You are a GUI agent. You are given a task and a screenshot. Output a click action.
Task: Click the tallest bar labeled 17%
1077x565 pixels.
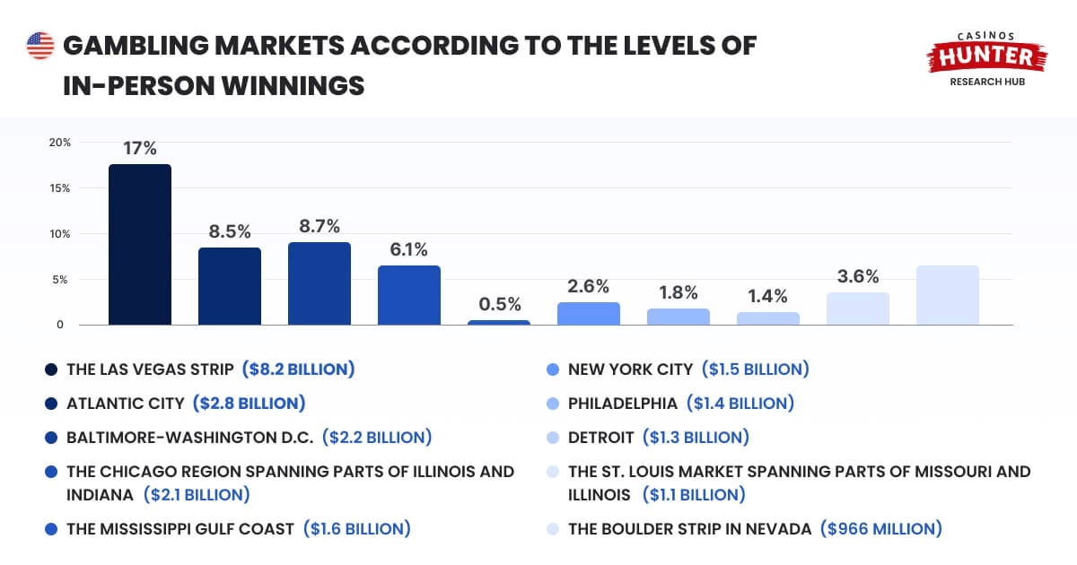pyautogui.click(x=139, y=244)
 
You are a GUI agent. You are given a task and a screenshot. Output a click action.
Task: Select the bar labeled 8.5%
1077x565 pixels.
pyautogui.click(x=229, y=285)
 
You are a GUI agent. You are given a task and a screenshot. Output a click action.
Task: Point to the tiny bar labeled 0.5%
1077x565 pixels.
pyautogui.click(x=498, y=322)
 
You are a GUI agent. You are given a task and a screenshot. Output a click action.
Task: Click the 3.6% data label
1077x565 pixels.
pyautogui.click(x=857, y=276)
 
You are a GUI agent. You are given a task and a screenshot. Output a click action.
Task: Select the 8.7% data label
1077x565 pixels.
pyautogui.click(x=319, y=226)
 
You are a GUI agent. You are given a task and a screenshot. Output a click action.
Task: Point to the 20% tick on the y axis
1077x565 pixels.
pyautogui.click(x=60, y=143)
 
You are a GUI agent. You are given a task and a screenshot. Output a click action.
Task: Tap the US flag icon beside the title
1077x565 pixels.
pyautogui.click(x=40, y=46)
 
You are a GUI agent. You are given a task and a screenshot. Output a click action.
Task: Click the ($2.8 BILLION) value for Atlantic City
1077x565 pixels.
pyautogui.click(x=249, y=404)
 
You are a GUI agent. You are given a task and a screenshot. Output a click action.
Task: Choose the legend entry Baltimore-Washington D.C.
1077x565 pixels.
pyautogui.click(x=189, y=438)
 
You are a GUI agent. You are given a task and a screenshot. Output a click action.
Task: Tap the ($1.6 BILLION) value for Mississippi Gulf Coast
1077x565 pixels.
pyautogui.click(x=356, y=528)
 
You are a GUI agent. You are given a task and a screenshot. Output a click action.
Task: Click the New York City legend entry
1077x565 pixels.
pyautogui.click(x=630, y=369)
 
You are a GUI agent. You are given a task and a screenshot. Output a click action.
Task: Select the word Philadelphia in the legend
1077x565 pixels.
pyautogui.click(x=622, y=404)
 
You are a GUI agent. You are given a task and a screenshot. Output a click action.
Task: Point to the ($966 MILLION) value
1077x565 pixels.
pyautogui.click(x=880, y=528)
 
